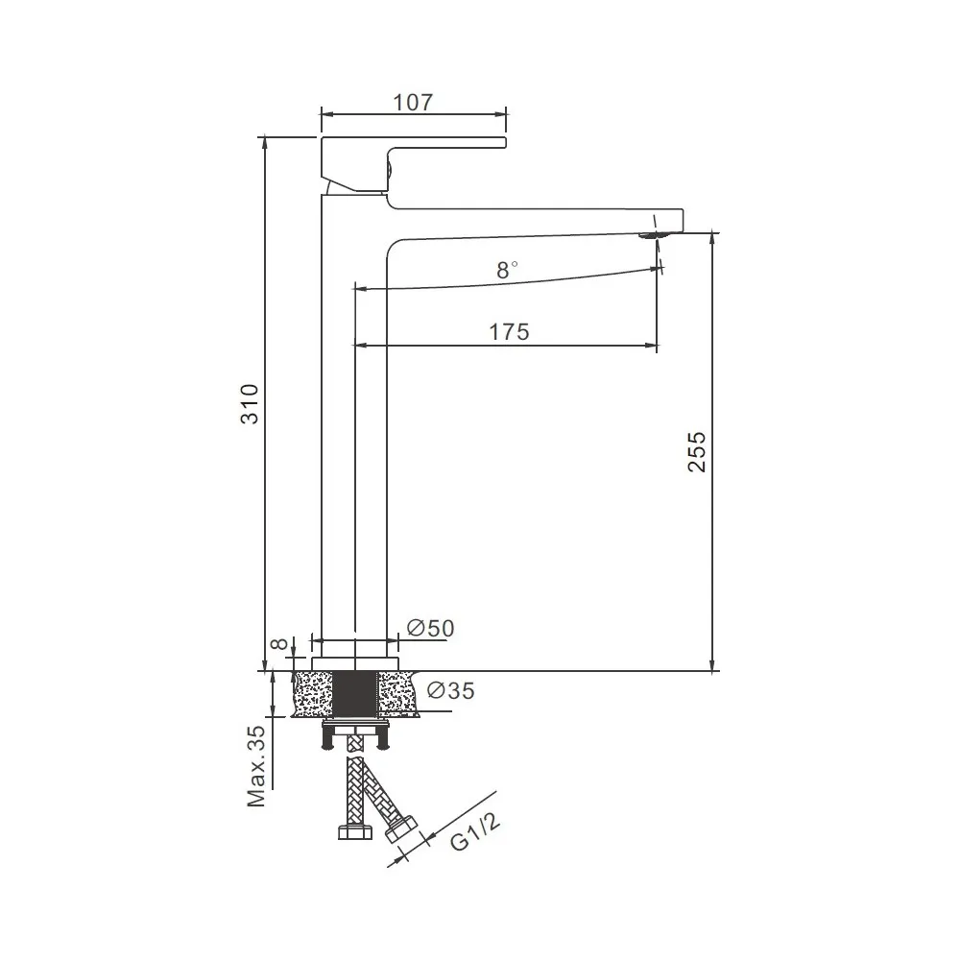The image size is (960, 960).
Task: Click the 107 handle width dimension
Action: pos(413,103)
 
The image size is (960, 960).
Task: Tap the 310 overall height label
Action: pos(250,403)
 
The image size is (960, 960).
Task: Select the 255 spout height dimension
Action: pos(696,452)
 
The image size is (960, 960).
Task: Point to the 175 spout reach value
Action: pos(509,332)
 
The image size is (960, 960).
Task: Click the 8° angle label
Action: pos(506,270)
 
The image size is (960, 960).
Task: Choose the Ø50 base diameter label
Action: pos(431,628)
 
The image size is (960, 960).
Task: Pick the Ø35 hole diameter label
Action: pos(450,690)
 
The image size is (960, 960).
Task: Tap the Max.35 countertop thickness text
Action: pos(256,766)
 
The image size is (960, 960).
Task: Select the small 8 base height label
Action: pos(279,644)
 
